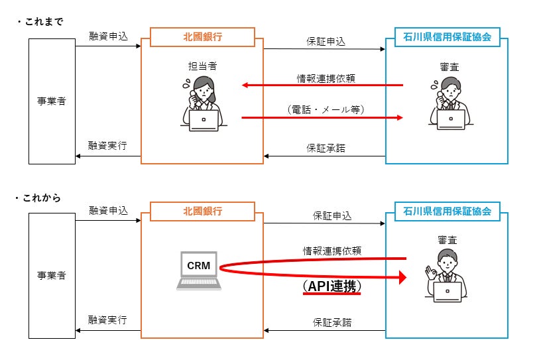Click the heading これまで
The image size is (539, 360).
coord(44,22)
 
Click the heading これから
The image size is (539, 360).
coord(42,198)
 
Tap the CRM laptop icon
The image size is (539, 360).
coord(199,270)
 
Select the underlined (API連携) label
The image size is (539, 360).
coord(332,286)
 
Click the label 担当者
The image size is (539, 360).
coord(202,66)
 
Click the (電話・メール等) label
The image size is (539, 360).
coord(326,109)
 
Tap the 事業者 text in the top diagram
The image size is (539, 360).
coord(52,101)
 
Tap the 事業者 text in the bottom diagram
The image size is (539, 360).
coord(52,275)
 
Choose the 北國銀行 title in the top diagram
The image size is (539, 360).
coord(202,36)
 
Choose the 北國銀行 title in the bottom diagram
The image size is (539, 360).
coord(202,211)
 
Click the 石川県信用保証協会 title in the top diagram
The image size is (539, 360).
coord(447,36)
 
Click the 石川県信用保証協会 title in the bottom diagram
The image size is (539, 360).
coord(447,211)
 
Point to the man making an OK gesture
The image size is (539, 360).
coord(446,276)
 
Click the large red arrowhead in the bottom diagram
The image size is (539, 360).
coord(402,277)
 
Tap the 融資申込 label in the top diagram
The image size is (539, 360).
coord(108,36)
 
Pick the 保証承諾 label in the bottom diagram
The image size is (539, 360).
coord(332,322)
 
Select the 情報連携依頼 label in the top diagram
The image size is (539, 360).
coord(326,78)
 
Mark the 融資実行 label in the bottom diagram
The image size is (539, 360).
coord(107,320)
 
